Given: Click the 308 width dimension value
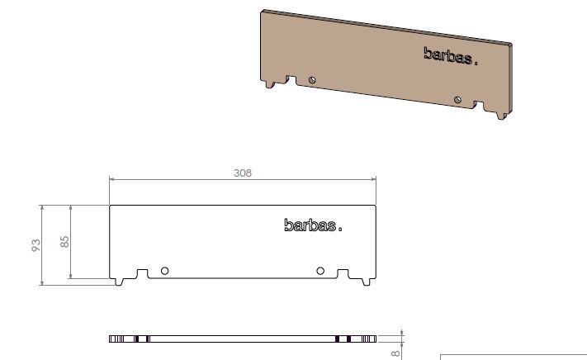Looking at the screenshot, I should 242,173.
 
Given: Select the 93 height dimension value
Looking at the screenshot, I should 36,245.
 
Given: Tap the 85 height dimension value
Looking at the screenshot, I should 64,242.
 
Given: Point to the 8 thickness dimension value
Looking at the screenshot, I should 397,351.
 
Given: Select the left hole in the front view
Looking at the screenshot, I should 165,271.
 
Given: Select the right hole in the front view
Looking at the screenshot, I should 320,271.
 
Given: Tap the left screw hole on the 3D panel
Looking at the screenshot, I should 312,79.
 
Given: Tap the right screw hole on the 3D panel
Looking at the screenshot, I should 457,100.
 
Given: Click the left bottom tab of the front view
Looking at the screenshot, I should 121,281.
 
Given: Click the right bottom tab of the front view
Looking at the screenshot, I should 365,281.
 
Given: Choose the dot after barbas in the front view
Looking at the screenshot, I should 340,229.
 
